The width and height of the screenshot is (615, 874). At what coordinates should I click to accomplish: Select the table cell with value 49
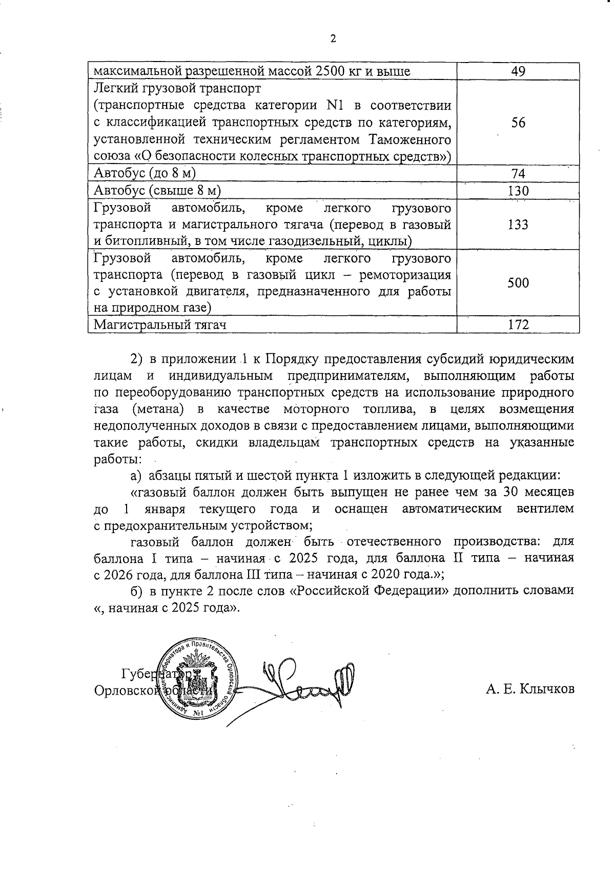pos(518,71)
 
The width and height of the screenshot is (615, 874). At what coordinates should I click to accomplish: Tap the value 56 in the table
pos(518,123)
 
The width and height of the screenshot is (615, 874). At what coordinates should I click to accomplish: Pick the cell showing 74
pos(518,174)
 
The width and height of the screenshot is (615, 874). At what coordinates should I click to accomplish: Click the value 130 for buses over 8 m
pos(518,191)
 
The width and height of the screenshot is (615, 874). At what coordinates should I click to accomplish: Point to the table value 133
pos(518,225)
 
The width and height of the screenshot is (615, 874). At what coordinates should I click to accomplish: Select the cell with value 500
pos(518,283)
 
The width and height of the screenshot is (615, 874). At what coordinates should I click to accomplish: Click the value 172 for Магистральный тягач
pos(518,324)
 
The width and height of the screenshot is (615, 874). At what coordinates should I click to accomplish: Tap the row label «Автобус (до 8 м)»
pos(145,174)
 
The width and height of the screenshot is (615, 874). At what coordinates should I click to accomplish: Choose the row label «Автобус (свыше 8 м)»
pos(157,191)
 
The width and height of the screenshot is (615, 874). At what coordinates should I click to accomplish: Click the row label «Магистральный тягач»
pos(160,324)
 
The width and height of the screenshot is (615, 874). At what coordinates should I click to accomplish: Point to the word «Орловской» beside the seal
pos(126,690)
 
